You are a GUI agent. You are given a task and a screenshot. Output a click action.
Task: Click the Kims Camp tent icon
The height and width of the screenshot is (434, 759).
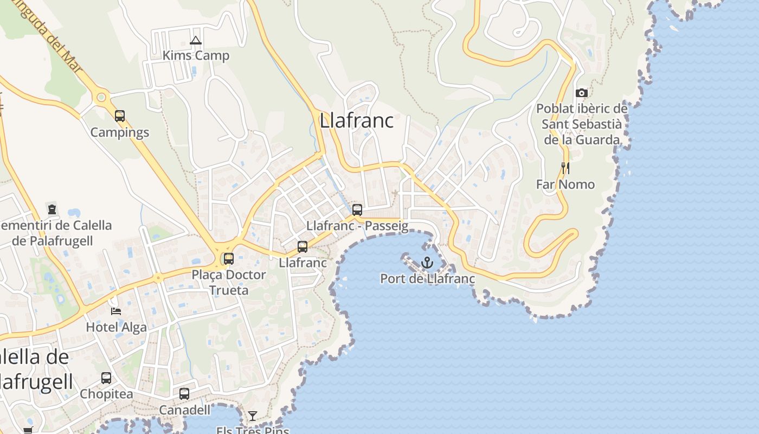click(196, 40)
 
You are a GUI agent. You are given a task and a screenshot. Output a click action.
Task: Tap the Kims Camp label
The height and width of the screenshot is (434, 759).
click(196, 55)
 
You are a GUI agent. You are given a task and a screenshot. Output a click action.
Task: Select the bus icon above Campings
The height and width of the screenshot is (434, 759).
click(120, 116)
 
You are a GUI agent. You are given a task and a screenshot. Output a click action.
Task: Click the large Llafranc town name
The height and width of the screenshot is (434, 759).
click(356, 120)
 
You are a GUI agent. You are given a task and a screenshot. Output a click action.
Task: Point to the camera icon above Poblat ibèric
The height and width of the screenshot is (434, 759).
click(582, 93)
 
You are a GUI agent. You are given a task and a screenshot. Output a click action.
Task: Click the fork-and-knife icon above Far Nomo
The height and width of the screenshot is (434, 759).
click(565, 168)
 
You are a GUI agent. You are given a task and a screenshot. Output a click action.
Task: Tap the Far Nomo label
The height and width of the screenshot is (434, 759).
click(565, 184)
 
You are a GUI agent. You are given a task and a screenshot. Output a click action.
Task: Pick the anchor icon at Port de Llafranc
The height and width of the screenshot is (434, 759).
click(428, 263)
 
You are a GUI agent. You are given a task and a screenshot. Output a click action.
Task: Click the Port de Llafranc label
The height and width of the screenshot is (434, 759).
click(428, 279)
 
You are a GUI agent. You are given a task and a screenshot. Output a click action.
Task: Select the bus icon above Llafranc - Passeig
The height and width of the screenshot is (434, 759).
click(357, 210)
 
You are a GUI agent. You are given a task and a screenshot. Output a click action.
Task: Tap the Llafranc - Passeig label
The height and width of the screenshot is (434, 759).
click(357, 226)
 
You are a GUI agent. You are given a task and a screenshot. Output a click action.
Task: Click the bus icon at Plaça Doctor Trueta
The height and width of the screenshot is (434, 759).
click(229, 259)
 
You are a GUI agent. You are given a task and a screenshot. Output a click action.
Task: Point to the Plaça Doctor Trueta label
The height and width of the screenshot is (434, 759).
click(229, 282)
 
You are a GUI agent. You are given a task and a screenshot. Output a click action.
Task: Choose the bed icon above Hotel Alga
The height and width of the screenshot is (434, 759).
click(116, 311)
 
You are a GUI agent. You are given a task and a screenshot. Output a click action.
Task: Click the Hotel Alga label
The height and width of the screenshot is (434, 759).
click(116, 327)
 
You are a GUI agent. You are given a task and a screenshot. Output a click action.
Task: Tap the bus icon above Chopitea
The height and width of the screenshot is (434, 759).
click(106, 378)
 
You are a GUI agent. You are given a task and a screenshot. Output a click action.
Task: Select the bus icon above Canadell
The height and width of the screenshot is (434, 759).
click(184, 394)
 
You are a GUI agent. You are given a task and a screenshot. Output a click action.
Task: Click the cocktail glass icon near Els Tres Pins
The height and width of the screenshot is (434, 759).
click(253, 416)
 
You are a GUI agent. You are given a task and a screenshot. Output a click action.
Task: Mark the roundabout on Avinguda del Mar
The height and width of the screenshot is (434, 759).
click(100, 98)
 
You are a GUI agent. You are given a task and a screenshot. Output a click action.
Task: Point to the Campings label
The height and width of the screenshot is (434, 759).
click(119, 132)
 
